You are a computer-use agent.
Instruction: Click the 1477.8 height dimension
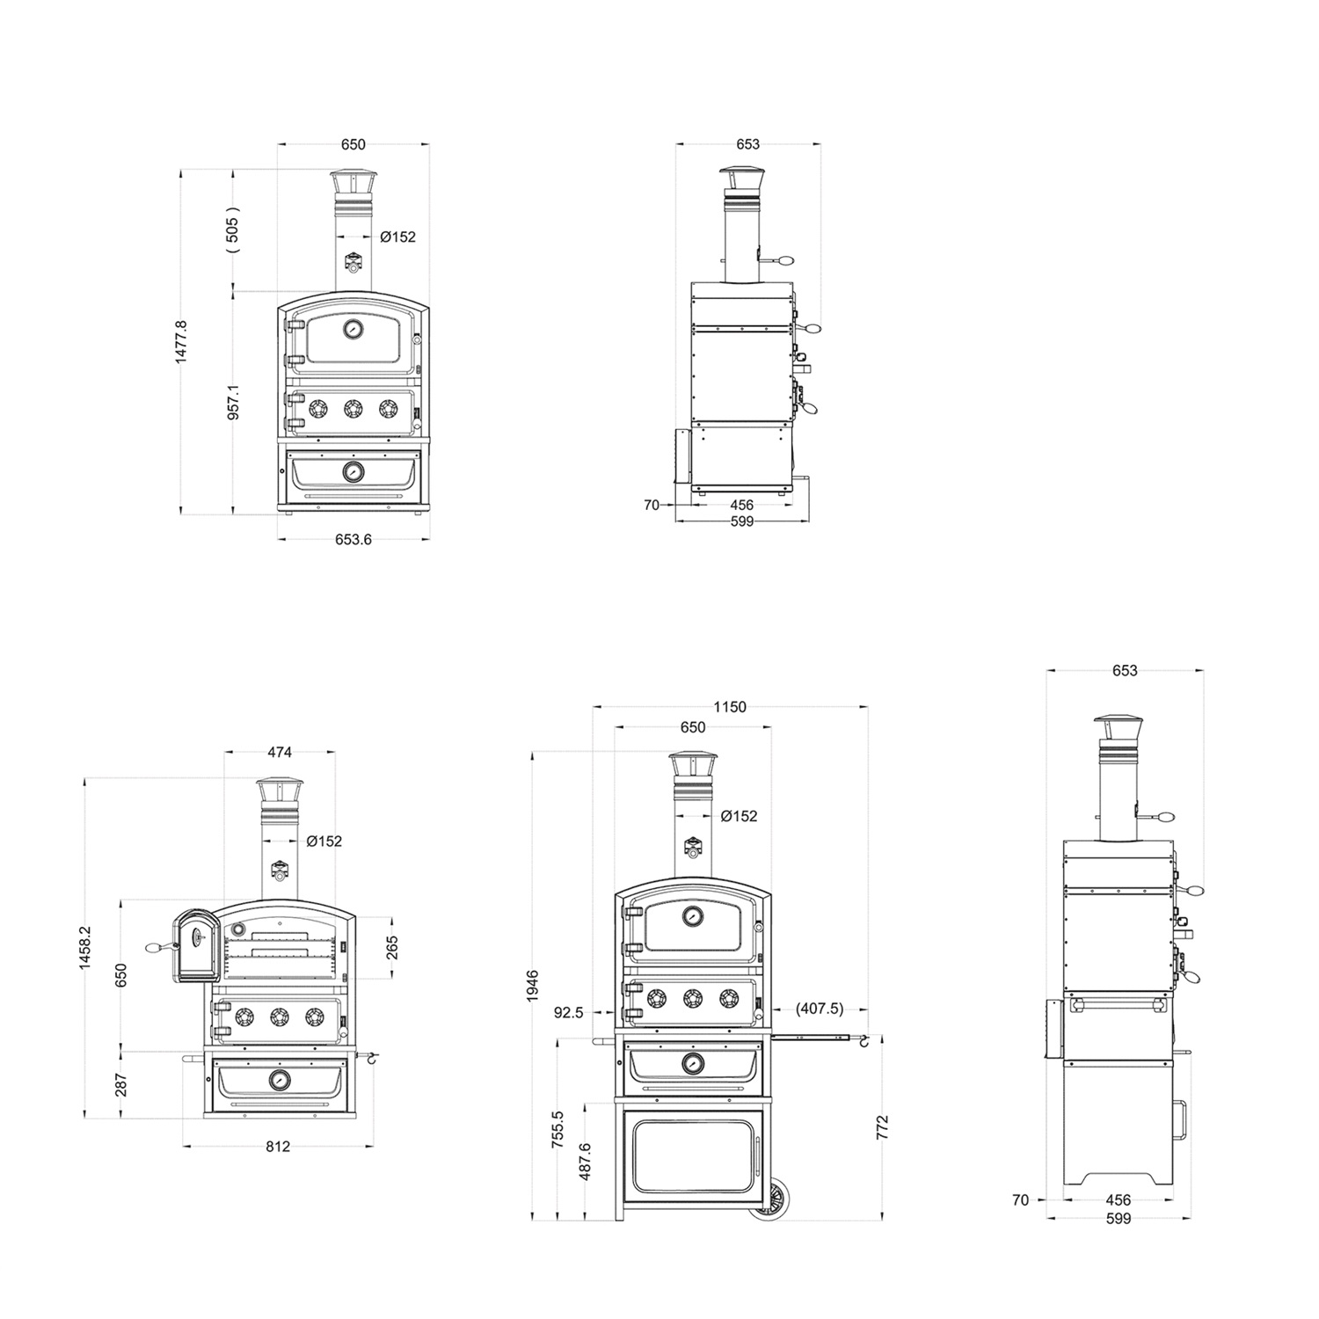click(182, 342)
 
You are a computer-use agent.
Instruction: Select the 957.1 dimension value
click(234, 401)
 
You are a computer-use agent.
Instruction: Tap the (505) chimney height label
click(233, 230)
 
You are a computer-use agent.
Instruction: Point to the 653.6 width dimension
click(353, 539)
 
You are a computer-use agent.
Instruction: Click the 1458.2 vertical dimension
click(84, 947)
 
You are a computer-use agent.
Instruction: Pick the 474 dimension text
click(280, 752)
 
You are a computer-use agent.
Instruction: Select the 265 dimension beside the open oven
click(391, 947)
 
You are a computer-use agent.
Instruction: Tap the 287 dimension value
click(121, 1084)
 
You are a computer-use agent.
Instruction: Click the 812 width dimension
click(278, 1147)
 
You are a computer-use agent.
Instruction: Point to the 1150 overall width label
click(730, 707)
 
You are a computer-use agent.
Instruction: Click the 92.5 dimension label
click(568, 1012)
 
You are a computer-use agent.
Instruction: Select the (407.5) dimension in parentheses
click(819, 1009)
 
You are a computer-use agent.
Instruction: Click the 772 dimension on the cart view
click(883, 1127)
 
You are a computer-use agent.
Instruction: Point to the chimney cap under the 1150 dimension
click(693, 765)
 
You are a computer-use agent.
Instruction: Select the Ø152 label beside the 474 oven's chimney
click(324, 842)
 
